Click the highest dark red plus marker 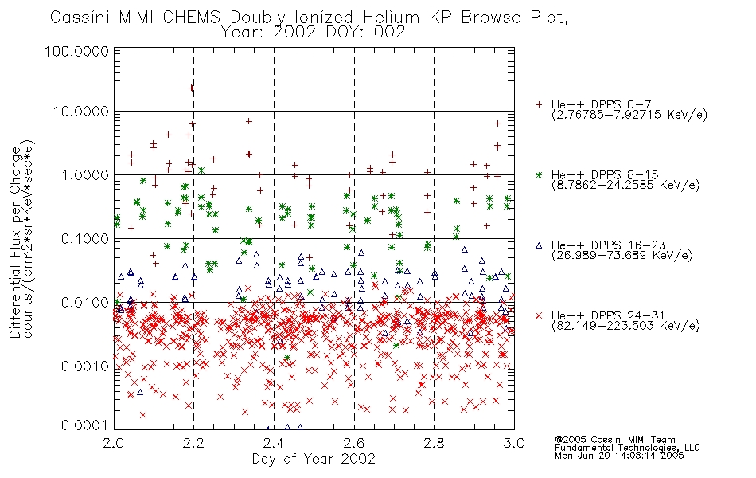point(192,88)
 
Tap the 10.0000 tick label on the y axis point(80,112)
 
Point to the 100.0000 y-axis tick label point(76,51)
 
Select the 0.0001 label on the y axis point(85,425)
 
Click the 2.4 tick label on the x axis point(274,443)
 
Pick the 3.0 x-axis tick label point(514,443)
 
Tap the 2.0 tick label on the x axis point(114,443)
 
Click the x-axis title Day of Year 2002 point(314,459)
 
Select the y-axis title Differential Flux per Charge point(16,242)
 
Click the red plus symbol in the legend point(539,104)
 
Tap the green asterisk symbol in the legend point(539,174)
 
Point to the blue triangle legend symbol point(539,245)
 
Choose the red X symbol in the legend point(539,315)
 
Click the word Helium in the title point(391,18)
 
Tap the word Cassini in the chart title point(80,18)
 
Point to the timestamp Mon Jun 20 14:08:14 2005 point(619,456)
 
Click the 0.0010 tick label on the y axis point(85,366)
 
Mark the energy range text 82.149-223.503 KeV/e point(625,326)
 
